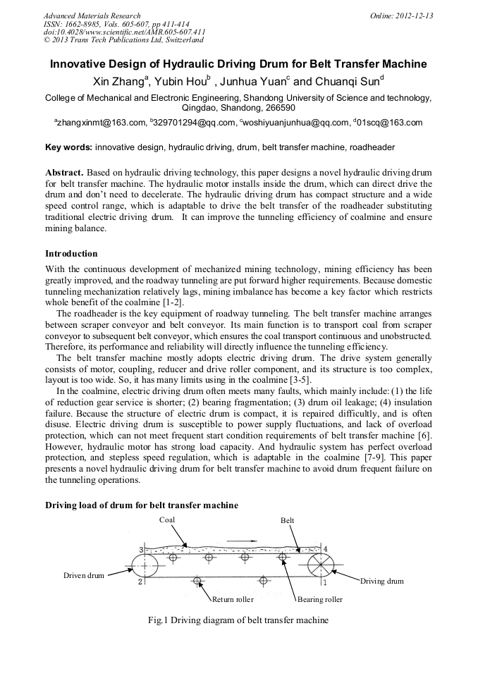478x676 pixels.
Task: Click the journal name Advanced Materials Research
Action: pos(92,16)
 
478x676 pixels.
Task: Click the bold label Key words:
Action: pos(68,147)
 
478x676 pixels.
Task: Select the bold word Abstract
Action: pos(64,173)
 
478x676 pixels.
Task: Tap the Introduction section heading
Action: pos(71,254)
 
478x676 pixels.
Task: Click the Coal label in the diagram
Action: pos(166,520)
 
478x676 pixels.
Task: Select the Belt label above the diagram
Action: pos(288,520)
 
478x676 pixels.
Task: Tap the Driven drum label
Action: pos(84,575)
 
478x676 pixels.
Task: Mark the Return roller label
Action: pos(233,600)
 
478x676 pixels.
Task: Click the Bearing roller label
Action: pos(320,600)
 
